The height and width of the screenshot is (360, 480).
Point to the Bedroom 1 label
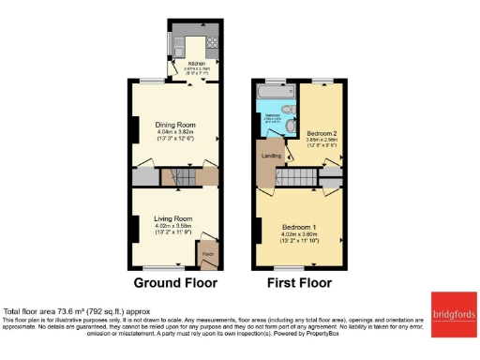[x=301, y=227]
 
